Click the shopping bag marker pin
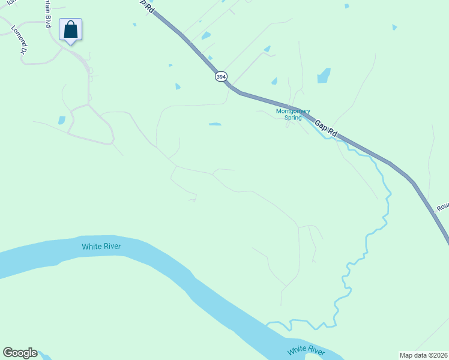tap(70, 30)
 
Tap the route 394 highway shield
tap(221, 76)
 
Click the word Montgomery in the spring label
tap(293, 111)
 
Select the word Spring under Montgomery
tap(293, 118)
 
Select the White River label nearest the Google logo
tap(101, 246)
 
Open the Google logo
tap(20, 353)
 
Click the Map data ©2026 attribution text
tap(423, 355)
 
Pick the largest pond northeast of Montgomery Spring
tap(324, 76)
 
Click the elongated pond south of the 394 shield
tap(214, 124)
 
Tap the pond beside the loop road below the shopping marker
tap(62, 120)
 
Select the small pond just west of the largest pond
tap(274, 81)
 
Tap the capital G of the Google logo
tap(8, 353)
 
